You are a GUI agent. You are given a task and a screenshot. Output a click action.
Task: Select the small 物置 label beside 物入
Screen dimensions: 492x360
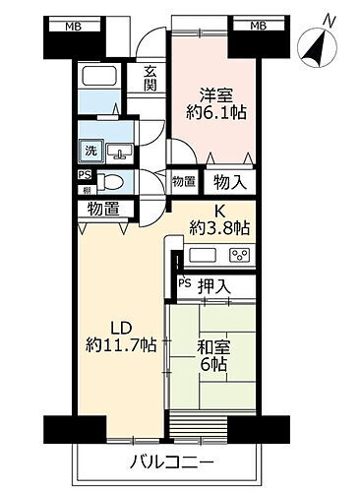pyautogui.click(x=182, y=182)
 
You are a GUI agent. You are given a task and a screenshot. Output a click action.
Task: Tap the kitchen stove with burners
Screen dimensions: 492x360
pyautogui.click(x=237, y=255)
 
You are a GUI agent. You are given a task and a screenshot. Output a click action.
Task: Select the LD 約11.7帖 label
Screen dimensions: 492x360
pyautogui.click(x=119, y=336)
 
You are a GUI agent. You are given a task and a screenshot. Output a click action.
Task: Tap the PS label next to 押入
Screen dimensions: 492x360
pyautogui.click(x=184, y=285)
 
